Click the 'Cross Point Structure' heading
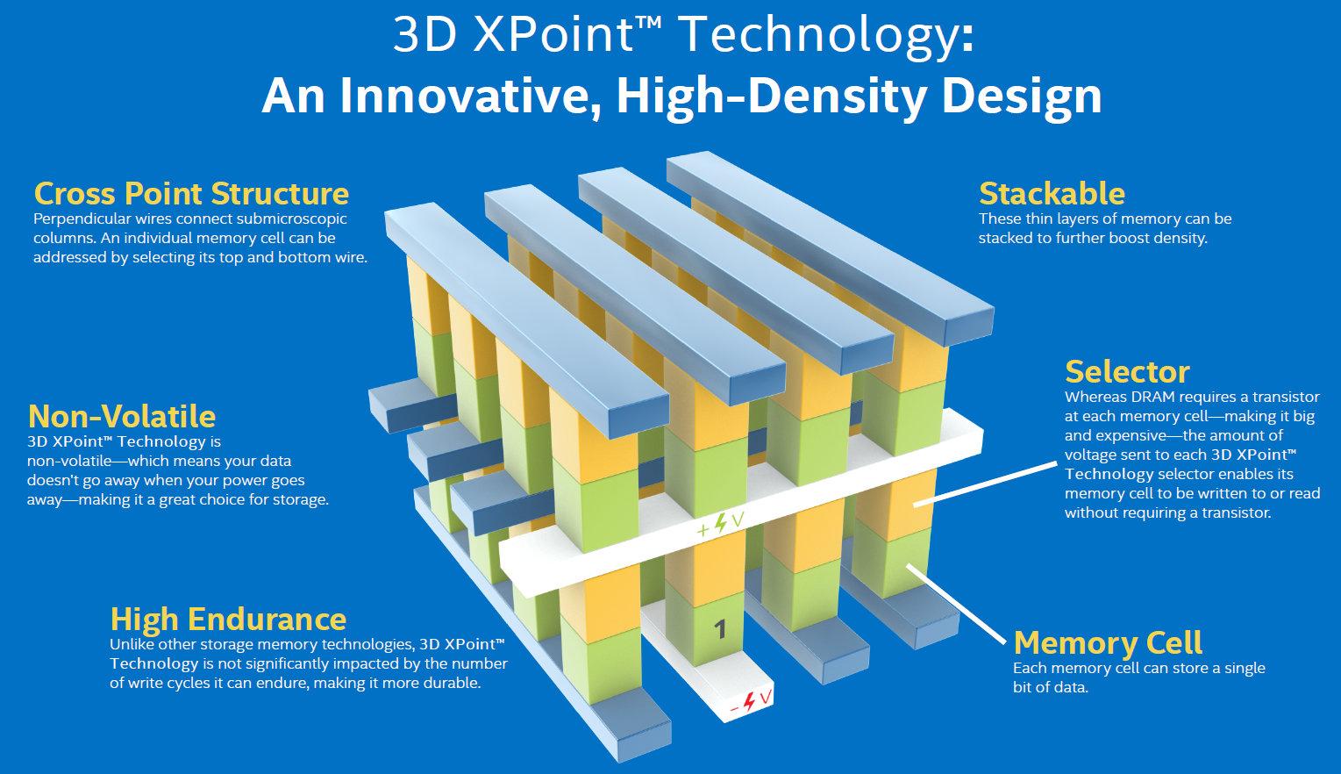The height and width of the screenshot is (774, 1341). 191,194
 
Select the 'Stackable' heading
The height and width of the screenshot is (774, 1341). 1052,194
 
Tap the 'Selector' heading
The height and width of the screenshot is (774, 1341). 1127,372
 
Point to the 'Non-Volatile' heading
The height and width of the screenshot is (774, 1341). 122,416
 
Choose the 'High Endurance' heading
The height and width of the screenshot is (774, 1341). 228,620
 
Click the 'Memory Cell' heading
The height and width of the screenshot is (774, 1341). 1108,643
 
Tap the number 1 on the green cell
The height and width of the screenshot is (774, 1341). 721,629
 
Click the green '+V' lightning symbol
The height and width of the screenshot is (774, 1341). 721,524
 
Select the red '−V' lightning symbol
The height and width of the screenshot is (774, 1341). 751,701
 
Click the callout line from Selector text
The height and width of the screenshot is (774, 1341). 986,484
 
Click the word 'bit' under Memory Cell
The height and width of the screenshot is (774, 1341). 1024,687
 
